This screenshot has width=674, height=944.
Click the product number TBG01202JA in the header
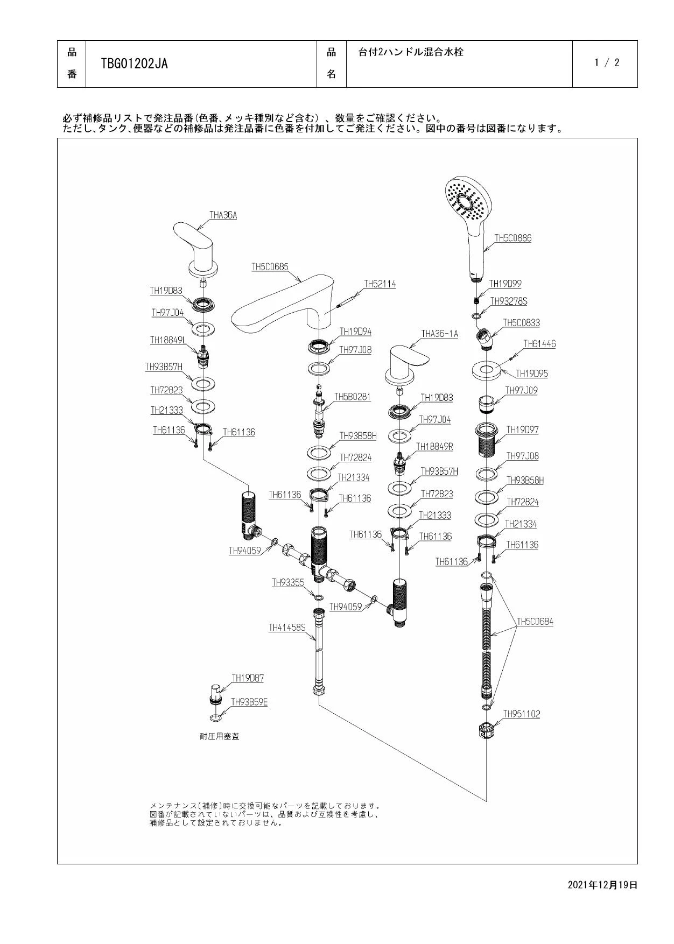(134, 64)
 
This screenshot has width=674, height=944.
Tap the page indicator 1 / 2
(607, 62)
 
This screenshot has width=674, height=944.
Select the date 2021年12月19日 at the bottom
(602, 885)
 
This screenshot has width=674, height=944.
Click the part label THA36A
(223, 215)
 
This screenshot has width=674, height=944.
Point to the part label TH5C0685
(270, 267)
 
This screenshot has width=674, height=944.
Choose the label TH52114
(380, 284)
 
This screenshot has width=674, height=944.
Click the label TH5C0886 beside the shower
(512, 238)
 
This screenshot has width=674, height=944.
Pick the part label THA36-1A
(439, 334)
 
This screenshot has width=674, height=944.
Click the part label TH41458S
(287, 628)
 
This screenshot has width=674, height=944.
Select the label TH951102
(521, 714)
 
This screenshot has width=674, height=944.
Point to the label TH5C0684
(535, 622)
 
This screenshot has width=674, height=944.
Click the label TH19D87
(248, 678)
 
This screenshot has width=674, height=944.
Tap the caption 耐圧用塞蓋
(219, 736)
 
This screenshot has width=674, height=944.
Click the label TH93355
(288, 582)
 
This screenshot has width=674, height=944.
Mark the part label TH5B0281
(353, 397)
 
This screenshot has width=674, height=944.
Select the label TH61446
(539, 344)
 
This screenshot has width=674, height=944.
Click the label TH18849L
(168, 340)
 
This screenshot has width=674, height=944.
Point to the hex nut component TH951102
(486, 731)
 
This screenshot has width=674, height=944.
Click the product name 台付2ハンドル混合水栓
(411, 52)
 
